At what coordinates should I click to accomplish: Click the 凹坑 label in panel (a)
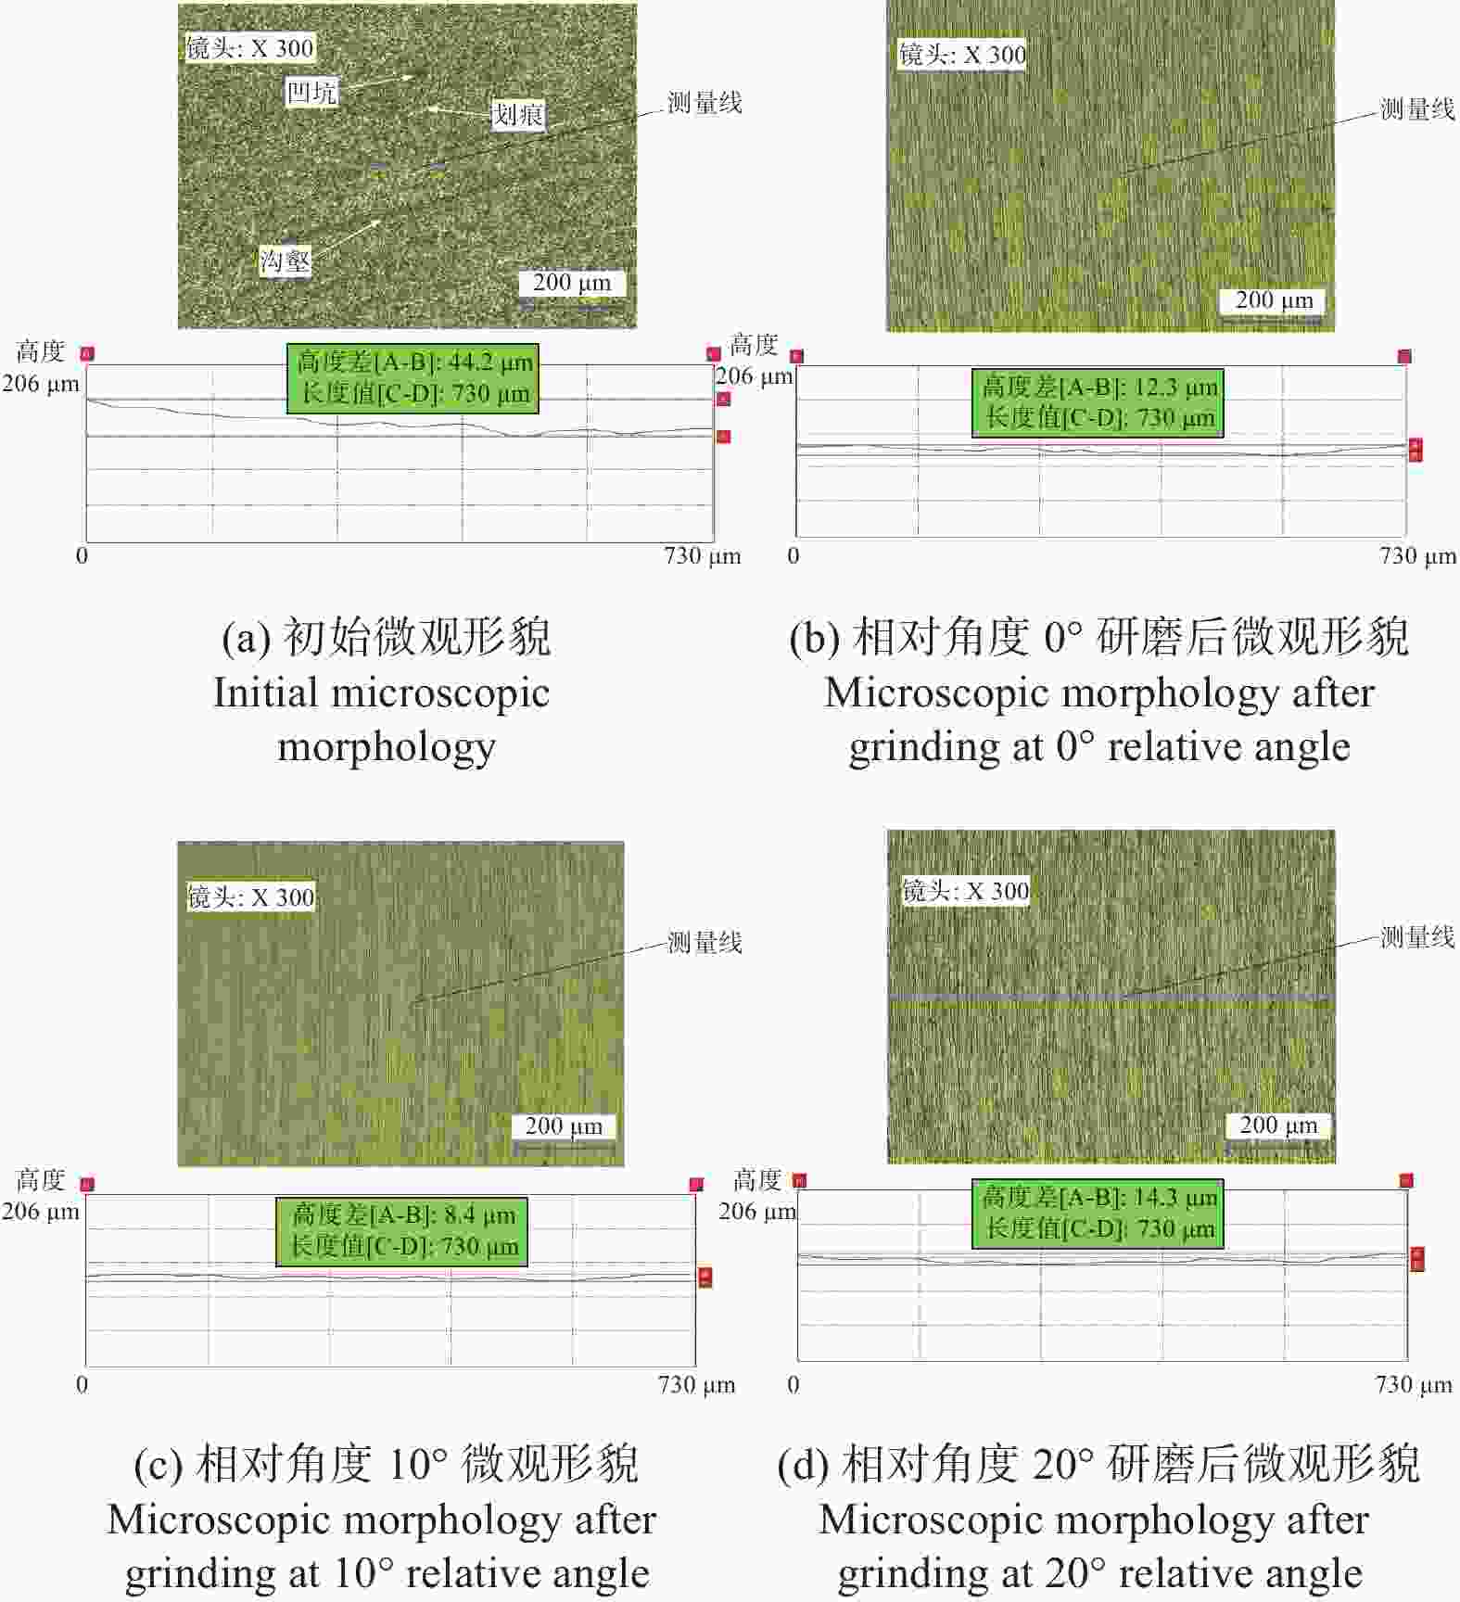(x=311, y=92)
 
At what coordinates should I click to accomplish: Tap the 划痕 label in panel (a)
(x=518, y=115)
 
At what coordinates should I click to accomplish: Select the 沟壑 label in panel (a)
(x=286, y=261)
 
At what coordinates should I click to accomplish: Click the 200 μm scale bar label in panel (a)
(x=572, y=282)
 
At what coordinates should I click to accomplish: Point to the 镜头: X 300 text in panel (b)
(x=962, y=55)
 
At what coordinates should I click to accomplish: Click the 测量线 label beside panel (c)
(x=705, y=943)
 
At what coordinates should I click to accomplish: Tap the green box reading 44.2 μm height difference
(x=413, y=377)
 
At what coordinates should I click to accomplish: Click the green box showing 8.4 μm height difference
(x=402, y=1231)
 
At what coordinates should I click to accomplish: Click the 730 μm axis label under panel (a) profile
(x=702, y=556)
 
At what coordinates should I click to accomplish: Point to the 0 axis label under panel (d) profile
(x=793, y=1384)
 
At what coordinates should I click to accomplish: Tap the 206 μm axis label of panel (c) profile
(x=41, y=1211)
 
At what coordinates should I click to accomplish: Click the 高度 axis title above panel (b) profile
(x=754, y=345)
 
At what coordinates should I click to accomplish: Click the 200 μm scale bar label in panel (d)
(x=1278, y=1125)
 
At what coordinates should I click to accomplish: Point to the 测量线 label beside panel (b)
(x=1418, y=109)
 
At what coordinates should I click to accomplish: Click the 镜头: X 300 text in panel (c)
(x=250, y=897)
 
